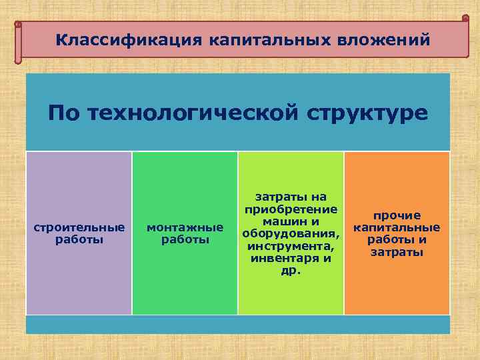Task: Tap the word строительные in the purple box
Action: pos(79,227)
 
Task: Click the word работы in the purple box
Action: pos(79,239)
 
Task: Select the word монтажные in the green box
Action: pos(185,227)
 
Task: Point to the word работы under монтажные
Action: pos(185,239)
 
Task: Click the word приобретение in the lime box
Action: pos(291,209)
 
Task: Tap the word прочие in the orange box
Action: pos(397,215)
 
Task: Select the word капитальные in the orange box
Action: pos(397,227)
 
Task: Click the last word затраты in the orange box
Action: pos(397,253)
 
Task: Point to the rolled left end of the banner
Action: pos(19,42)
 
